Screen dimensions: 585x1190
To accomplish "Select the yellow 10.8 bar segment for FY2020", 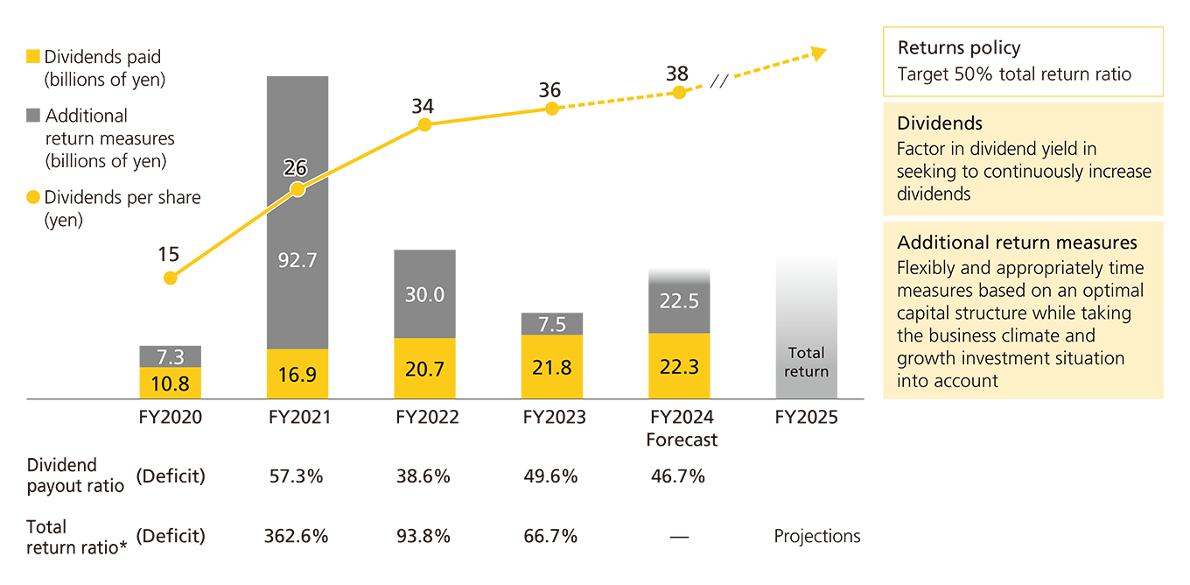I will coord(170,384).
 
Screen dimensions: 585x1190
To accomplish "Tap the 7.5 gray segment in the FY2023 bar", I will coord(551,324).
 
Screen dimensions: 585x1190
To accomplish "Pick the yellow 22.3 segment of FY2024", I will coord(678,366).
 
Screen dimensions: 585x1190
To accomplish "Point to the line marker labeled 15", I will coord(170,278).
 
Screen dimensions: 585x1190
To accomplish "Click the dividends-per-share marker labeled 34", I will coord(424,125).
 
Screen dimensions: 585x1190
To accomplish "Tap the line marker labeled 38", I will coord(678,91).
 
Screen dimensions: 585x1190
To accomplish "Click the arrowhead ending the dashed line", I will coord(819,53).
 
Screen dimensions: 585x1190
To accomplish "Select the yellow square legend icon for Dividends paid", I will coord(33,57).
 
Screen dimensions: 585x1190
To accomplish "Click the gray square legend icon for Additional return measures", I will coord(33,116).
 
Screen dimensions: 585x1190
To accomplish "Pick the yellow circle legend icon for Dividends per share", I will coord(33,198).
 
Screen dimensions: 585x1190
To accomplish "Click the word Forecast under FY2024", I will coord(682,440).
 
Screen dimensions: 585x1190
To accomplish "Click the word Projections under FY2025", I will coord(816,536).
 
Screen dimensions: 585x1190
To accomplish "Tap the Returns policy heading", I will coord(959,48).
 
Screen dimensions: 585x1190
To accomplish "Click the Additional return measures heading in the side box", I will coord(1017,243).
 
